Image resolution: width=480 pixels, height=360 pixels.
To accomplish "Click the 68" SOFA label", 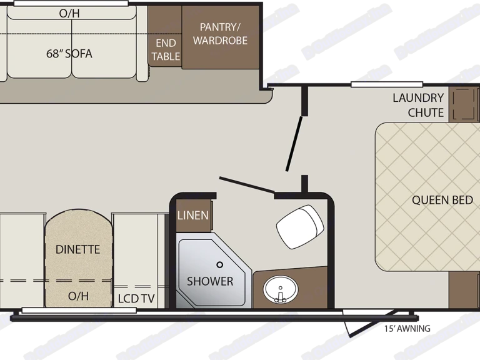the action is tap(69, 53).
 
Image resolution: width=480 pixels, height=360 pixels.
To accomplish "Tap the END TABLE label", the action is tap(166, 49).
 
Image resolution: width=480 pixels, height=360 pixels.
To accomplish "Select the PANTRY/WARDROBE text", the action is tap(220, 34).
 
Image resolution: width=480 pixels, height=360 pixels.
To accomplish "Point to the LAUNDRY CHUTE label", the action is tap(417, 105).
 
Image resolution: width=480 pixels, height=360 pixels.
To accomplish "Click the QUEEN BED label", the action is tap(442, 200).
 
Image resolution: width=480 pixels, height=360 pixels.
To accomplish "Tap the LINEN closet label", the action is tap(193, 216).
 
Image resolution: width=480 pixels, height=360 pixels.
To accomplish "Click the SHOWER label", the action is tap(210, 281).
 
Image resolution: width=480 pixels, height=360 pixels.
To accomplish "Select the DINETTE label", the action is tap(77, 249).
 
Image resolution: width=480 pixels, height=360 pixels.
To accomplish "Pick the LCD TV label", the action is tap(136, 299).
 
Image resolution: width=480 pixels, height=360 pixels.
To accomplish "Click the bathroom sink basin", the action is tap(281, 289).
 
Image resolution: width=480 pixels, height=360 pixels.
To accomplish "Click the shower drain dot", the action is tap(219, 265).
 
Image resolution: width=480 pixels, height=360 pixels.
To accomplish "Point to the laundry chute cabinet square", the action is tap(462, 103).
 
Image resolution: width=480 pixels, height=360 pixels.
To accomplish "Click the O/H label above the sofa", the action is tap(69, 13).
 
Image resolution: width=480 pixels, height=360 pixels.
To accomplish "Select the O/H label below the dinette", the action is tap(77, 296).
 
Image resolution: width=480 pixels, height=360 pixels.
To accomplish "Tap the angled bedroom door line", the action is tap(294, 143).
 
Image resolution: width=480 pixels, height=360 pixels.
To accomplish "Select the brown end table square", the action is tap(166, 37).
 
